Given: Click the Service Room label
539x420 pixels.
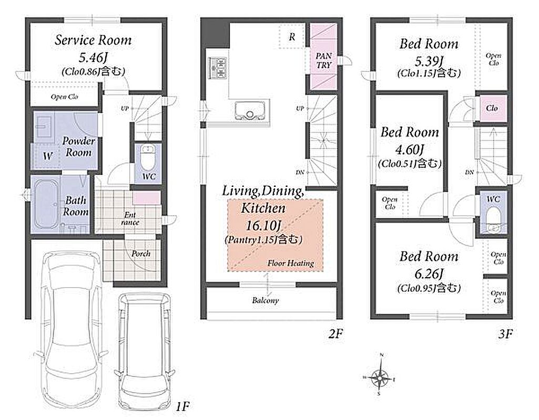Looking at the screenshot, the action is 93,40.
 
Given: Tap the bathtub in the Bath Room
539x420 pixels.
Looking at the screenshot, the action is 46,205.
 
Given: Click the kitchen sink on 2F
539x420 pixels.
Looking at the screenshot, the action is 250,110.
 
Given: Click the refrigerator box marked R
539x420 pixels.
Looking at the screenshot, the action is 291,36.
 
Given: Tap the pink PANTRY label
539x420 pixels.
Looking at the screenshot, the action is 323,60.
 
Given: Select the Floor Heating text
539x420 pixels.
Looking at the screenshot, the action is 291,263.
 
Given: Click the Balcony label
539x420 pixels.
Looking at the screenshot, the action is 266,300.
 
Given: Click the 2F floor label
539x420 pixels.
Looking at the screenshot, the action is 335,333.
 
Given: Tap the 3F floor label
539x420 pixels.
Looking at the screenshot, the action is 505,333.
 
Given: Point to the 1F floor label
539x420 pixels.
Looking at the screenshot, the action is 182,406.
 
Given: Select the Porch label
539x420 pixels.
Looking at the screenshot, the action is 141,254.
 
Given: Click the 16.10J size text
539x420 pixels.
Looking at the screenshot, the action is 263,225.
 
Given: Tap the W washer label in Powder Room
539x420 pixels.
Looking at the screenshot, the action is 48,156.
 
